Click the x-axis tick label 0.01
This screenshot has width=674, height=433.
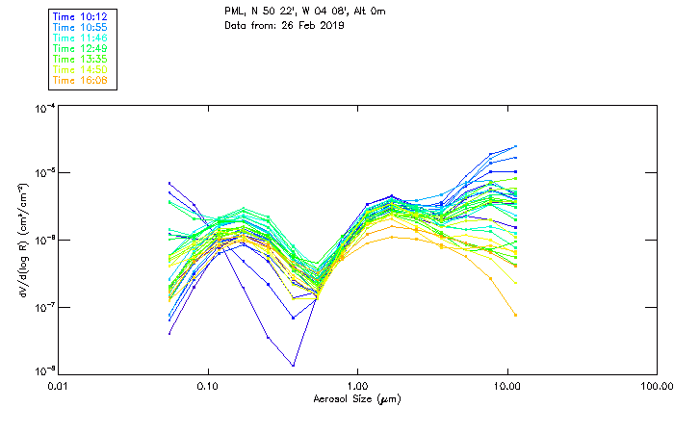pos(59,386)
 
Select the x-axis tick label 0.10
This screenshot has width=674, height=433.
pos(208,386)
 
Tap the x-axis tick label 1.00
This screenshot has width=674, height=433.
pos(358,386)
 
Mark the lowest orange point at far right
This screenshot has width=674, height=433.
pos(515,316)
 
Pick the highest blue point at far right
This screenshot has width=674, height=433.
pos(515,146)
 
